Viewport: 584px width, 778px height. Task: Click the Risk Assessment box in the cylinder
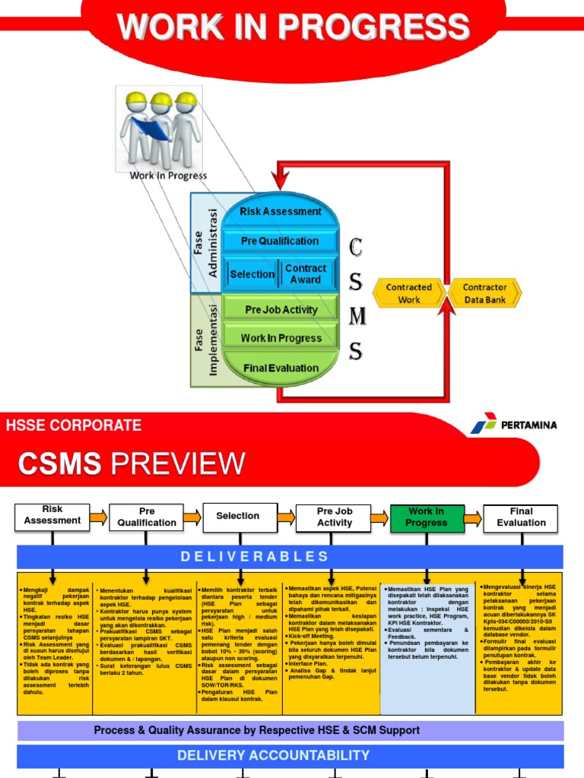click(280, 212)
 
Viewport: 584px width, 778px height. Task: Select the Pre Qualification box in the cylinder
click(280, 241)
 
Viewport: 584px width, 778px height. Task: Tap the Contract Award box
click(306, 274)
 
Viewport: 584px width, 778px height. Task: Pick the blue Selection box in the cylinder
click(252, 274)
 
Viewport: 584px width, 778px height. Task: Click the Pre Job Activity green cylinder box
click(280, 310)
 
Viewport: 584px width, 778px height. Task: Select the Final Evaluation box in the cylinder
click(280, 368)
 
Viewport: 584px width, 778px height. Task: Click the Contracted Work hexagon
click(408, 293)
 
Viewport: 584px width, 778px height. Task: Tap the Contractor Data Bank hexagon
click(484, 293)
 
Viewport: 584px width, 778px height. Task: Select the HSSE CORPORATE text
click(74, 425)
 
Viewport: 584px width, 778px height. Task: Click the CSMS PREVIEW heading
click(131, 463)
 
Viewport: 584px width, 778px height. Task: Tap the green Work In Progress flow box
click(426, 517)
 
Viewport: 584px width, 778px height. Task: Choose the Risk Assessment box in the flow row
click(52, 515)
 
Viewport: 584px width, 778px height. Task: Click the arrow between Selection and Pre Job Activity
click(286, 517)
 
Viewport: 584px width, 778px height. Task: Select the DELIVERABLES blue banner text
click(255, 557)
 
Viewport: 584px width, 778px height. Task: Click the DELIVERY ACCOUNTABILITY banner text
click(273, 755)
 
